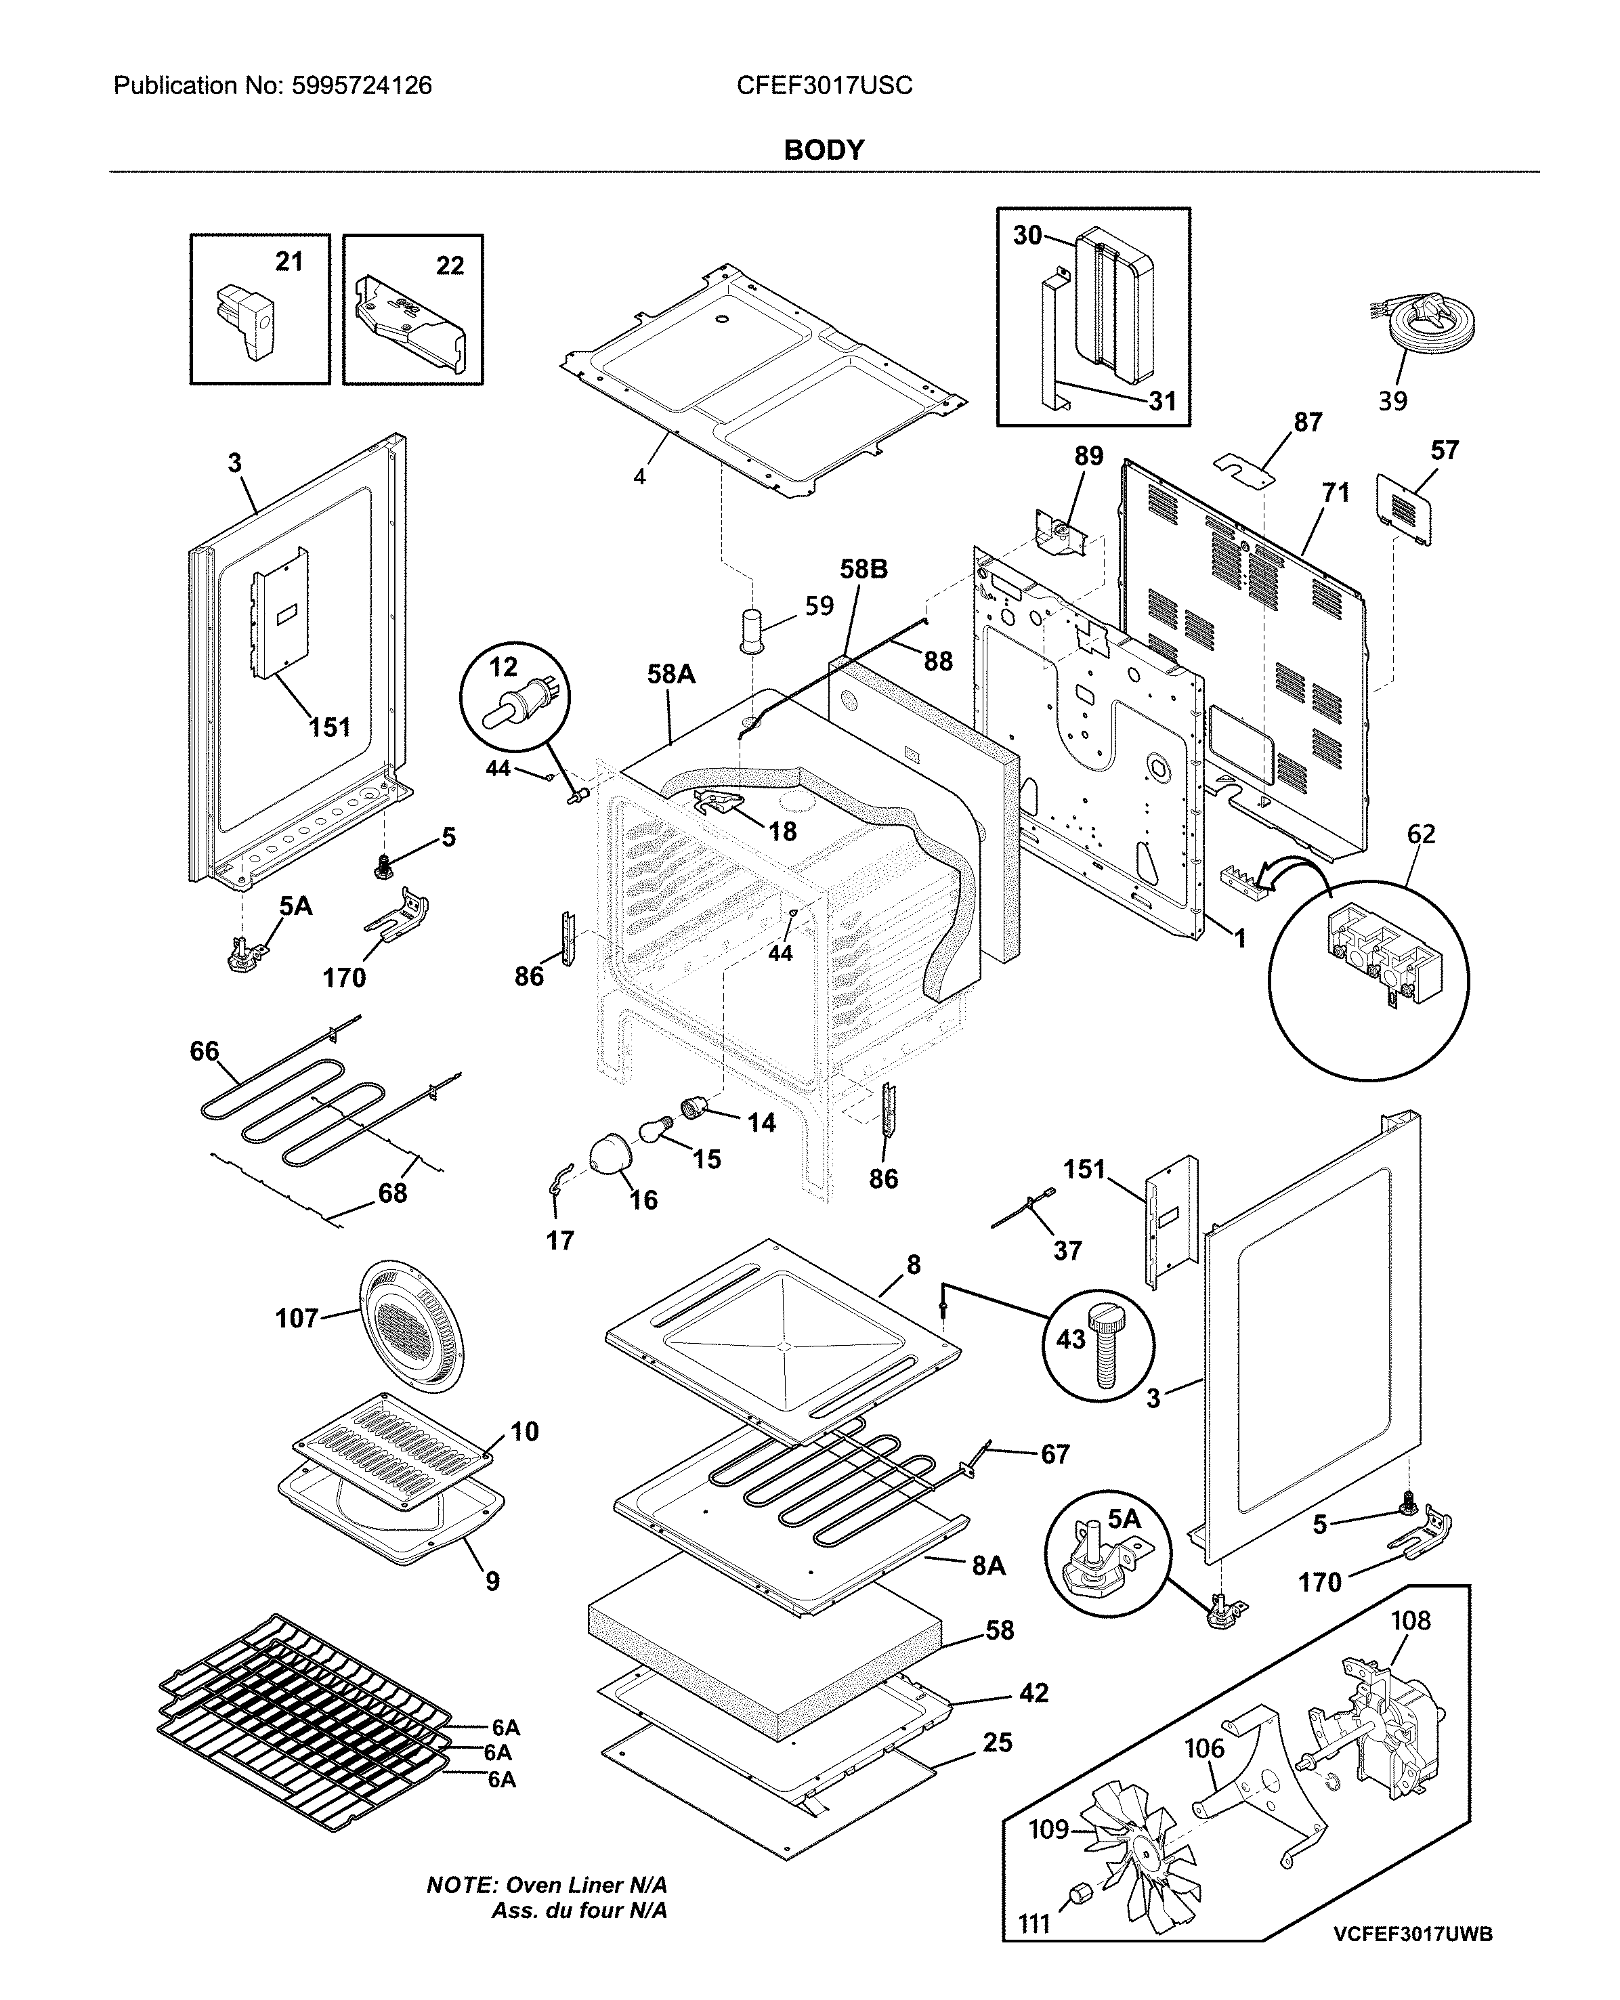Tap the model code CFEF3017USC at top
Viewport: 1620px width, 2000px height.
[x=824, y=86]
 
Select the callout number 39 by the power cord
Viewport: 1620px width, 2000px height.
[x=1392, y=402]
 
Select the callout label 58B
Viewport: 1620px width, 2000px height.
[x=864, y=568]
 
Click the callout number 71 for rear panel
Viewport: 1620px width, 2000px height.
[x=1336, y=492]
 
